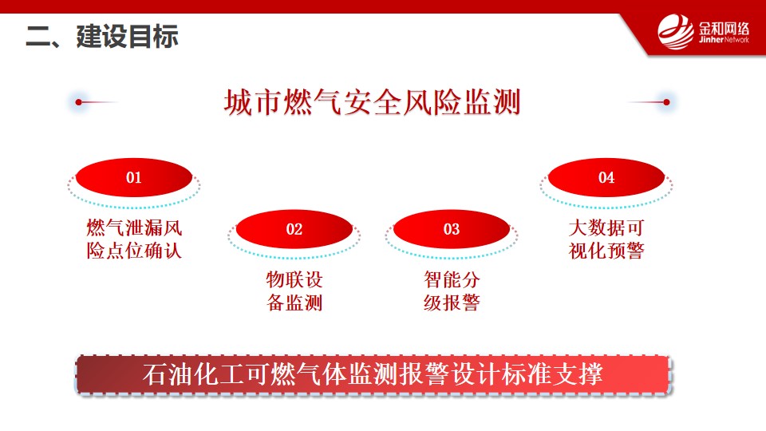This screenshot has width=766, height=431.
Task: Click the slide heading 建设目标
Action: [127, 37]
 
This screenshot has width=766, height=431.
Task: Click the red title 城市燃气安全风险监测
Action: [373, 102]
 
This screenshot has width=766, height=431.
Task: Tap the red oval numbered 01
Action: [134, 177]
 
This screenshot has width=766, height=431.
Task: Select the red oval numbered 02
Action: [294, 229]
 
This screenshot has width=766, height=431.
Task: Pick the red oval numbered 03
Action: [452, 229]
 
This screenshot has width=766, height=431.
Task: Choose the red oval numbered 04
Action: [606, 177]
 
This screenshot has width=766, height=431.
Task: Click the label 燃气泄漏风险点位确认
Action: [134, 239]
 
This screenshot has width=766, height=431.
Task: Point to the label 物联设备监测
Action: [294, 291]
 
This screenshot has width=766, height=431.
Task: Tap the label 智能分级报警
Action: [452, 291]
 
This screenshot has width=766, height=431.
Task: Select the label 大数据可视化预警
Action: [606, 239]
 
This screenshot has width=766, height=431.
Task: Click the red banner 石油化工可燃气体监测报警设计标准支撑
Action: [373, 375]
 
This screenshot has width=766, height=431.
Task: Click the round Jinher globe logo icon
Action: [676, 32]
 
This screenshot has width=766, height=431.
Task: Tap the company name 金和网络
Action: [724, 28]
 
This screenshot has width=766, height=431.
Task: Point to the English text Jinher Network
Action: [724, 40]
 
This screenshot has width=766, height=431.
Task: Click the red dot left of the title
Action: [79, 102]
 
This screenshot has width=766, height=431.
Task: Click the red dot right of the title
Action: [666, 102]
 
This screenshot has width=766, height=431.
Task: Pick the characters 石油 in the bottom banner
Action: [167, 375]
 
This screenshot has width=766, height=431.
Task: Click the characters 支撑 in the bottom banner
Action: [578, 375]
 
